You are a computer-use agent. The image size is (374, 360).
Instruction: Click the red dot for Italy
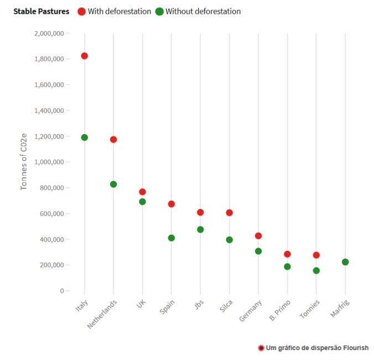84,56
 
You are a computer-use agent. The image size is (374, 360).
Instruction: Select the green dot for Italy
84,137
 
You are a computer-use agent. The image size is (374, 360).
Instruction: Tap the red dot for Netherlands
113,140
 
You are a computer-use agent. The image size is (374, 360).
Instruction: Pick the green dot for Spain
172,238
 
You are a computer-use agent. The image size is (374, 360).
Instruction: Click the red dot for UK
142,192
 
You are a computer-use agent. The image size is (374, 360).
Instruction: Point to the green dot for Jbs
200,229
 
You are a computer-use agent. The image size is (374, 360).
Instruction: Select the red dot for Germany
258,236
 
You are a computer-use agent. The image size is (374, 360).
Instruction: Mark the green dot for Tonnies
316,271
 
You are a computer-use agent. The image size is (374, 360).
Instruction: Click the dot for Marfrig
345,262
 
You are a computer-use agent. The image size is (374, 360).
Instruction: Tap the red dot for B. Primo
287,254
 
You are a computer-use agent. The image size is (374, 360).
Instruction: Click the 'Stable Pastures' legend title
41,12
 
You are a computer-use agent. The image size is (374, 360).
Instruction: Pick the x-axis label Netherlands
103,315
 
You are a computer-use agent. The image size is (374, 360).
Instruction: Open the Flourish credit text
313,348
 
